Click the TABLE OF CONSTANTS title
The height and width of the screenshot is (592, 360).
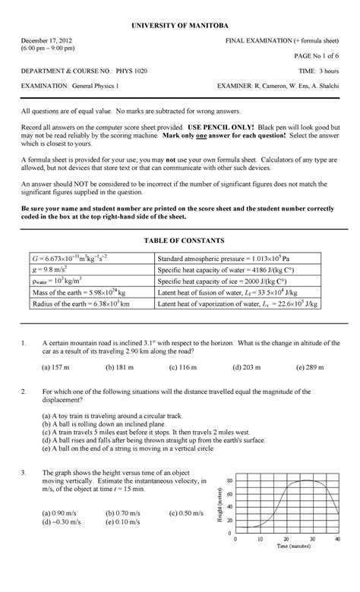(179, 241)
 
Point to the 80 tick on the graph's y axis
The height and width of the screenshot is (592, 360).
(229, 481)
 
